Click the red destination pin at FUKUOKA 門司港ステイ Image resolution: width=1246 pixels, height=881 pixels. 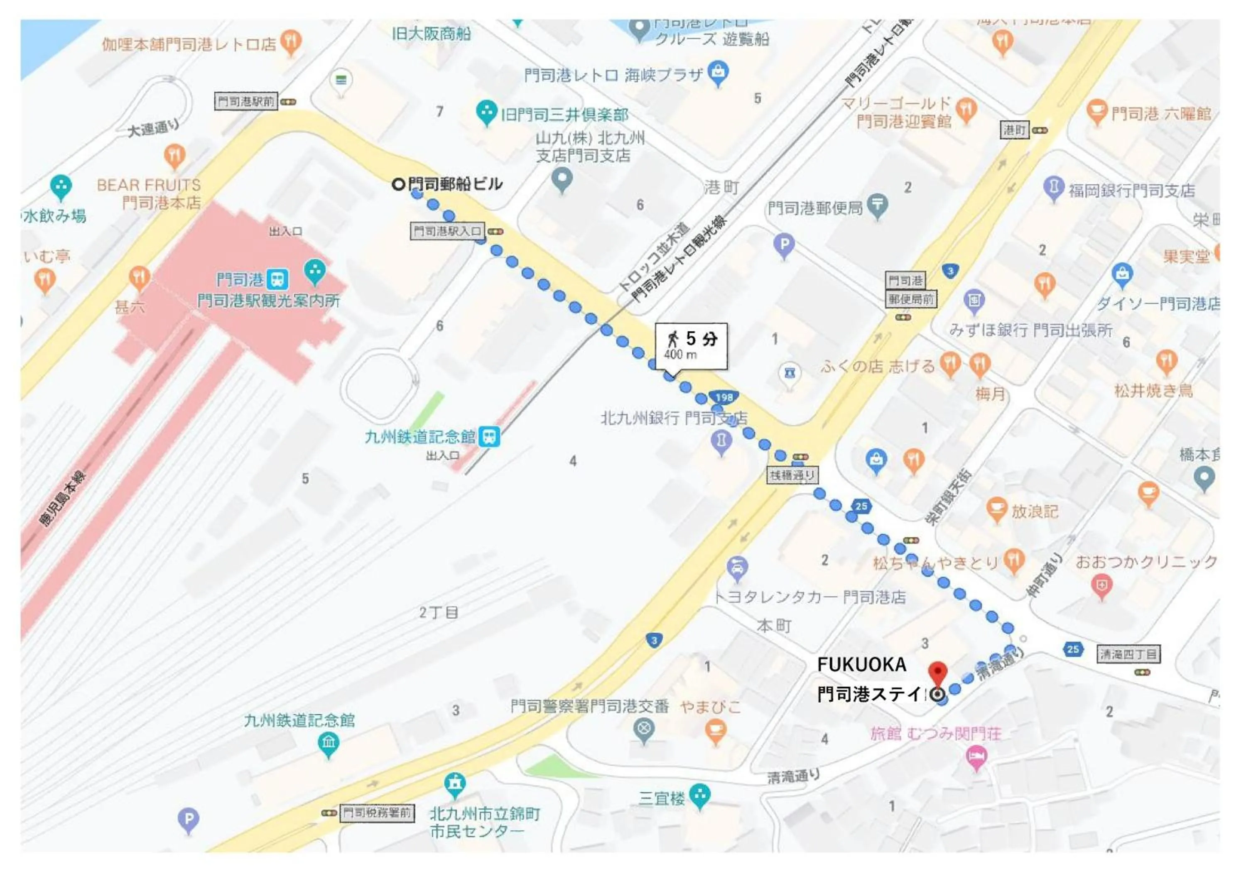point(937,672)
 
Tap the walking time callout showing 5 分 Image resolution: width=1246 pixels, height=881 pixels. point(691,345)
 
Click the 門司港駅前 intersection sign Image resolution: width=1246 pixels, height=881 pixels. point(246,101)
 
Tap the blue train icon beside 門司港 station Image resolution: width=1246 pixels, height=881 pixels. point(278,279)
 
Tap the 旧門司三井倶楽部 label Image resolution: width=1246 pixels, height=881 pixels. point(564,115)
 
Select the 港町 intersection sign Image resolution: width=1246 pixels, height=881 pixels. point(1014,130)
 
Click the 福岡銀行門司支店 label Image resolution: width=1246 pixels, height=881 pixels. point(1131,191)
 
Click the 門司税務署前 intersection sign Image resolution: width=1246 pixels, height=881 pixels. point(377,812)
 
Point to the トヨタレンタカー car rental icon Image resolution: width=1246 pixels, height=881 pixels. point(737,568)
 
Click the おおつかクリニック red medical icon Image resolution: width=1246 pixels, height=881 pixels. point(1101,586)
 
